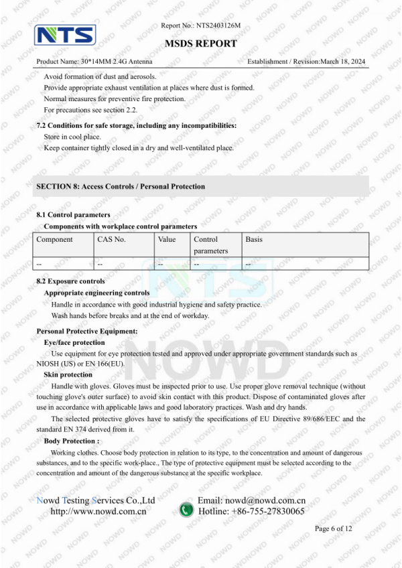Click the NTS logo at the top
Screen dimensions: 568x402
click(66, 35)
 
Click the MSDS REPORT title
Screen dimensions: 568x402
click(201, 44)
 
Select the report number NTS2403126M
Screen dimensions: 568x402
click(218, 25)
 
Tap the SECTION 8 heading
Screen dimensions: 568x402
click(121, 186)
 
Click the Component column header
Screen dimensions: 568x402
click(54, 239)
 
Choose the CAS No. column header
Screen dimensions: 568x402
click(111, 239)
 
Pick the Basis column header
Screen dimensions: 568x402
click(254, 239)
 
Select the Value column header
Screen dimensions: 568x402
click(167, 239)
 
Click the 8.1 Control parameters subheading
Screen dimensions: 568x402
click(73, 215)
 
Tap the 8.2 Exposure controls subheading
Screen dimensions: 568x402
click(70, 281)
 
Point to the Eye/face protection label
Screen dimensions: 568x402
click(74, 342)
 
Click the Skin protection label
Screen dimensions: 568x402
click(68, 374)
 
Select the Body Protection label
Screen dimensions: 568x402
click(71, 441)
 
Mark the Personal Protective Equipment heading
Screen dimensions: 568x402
click(87, 331)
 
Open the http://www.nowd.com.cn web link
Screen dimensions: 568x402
click(98, 511)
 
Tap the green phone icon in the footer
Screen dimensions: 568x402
click(186, 510)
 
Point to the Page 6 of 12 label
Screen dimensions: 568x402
click(342, 528)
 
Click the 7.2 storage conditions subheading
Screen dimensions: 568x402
click(136, 125)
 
